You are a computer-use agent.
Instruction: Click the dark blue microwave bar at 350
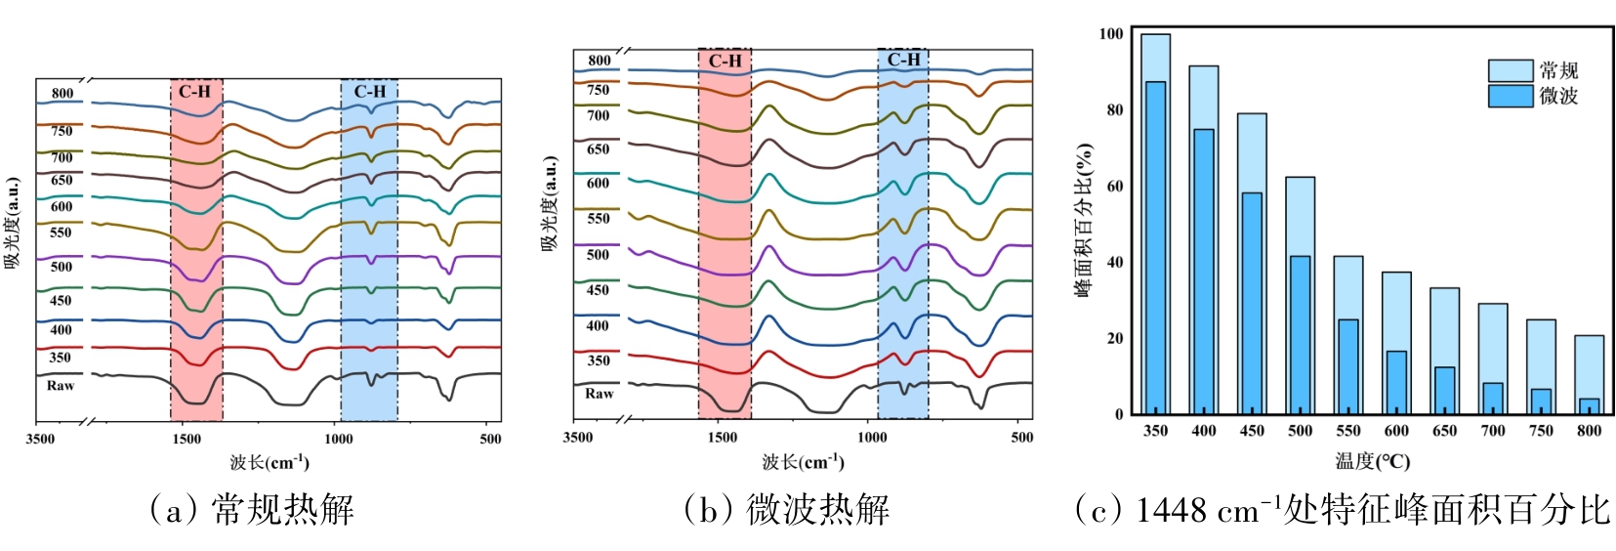[x=1155, y=248]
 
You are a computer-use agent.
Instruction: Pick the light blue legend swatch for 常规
[x=1510, y=70]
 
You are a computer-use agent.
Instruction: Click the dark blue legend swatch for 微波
[x=1510, y=96]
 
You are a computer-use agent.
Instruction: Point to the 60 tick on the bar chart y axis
[x=1112, y=186]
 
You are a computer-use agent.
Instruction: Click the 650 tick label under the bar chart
[x=1444, y=431]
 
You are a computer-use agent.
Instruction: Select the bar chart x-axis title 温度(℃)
[x=1372, y=461]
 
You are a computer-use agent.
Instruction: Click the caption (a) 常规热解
[x=251, y=510]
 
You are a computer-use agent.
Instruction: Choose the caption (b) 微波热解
[x=786, y=510]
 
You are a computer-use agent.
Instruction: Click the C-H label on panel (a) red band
[x=194, y=92]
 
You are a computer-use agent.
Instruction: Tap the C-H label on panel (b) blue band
[x=903, y=60]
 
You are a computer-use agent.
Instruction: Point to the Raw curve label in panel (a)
[x=61, y=386]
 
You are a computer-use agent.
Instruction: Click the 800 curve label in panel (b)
[x=599, y=61]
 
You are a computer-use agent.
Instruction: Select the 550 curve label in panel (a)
[x=61, y=233]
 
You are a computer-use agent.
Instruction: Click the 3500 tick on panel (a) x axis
[x=40, y=439]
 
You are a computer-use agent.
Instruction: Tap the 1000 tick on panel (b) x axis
[x=872, y=437]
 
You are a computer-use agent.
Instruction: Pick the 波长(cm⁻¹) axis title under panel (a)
[x=269, y=462]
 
